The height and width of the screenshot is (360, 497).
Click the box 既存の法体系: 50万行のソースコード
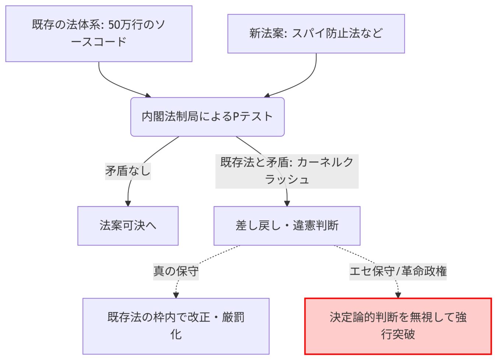(x=99, y=34)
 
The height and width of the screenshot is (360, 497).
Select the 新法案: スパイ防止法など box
(x=316, y=34)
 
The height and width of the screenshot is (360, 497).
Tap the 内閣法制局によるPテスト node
(x=207, y=117)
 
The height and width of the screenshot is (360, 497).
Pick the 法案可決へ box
(x=128, y=226)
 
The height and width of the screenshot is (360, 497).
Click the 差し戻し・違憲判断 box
(x=287, y=226)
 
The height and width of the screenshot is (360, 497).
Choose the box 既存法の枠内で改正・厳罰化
(x=176, y=326)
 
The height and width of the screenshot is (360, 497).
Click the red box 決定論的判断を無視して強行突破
(x=398, y=326)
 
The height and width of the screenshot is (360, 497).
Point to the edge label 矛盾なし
(x=128, y=171)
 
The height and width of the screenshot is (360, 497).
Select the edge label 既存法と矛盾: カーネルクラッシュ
(x=287, y=171)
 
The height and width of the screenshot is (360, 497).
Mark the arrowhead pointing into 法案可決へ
(x=128, y=203)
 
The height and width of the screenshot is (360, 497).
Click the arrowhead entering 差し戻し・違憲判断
(x=287, y=203)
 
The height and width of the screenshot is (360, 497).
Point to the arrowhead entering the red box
(x=398, y=295)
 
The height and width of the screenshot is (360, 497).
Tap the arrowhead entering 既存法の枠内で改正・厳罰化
(x=176, y=295)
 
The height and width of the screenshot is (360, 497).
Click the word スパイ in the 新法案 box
(x=308, y=34)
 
